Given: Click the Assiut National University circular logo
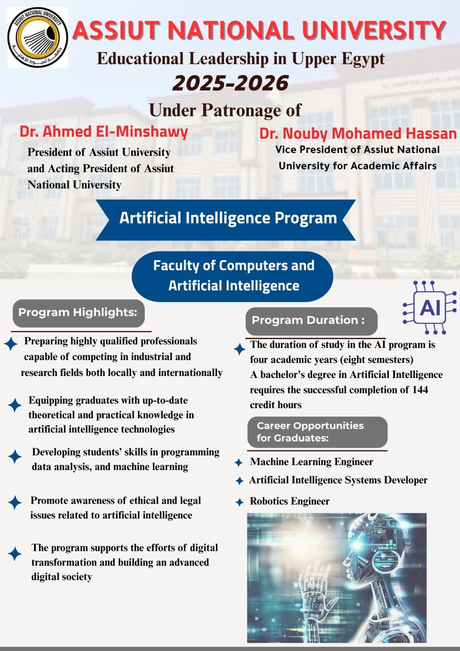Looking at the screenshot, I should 37,37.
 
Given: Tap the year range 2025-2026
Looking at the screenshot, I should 230,83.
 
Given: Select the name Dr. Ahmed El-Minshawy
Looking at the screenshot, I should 104,132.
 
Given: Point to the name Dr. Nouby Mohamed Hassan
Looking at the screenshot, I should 358,133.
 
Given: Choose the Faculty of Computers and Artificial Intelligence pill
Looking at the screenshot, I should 233,276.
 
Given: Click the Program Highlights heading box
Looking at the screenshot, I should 78,313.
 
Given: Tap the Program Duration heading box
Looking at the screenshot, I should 312,321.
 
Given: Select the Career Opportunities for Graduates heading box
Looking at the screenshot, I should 317,432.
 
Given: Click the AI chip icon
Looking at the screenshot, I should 429,308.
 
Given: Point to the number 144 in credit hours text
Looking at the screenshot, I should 420,390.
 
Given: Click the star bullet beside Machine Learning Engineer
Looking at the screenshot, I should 239,463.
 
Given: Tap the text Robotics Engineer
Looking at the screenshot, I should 290,501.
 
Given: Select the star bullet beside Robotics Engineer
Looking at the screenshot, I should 240,502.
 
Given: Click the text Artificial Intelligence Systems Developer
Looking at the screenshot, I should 338,480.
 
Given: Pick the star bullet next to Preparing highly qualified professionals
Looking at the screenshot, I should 11,344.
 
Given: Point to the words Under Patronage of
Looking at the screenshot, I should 225,110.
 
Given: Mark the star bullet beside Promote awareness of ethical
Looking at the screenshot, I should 15,502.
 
